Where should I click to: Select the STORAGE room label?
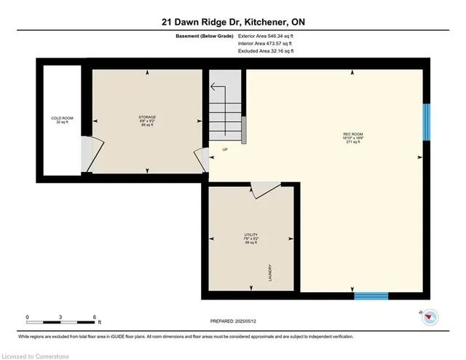pos(148,120)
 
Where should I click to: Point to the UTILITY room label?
pos(251,237)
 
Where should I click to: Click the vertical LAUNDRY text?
pos(270,273)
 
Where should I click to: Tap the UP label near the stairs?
pos(226,150)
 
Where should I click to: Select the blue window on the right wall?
pos(427,122)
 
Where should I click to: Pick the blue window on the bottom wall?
pos(371,296)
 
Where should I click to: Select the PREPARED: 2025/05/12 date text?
pos(232,320)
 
